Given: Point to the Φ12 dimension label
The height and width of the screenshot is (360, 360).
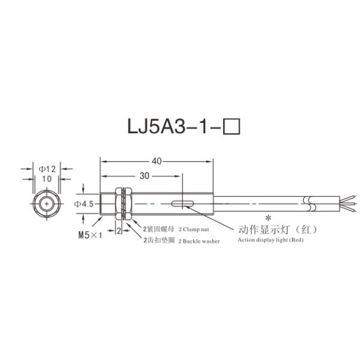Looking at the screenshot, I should pos(47,169).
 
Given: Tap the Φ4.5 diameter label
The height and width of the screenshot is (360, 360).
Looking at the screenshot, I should pos(83,204).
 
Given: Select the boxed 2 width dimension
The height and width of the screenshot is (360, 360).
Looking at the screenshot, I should pos(119,230).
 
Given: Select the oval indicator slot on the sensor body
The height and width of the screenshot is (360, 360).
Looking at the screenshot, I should pos(182,204).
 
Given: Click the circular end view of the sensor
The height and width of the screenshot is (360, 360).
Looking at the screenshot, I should pos(47,204).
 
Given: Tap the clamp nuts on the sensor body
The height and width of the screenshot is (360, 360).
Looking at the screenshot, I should pos(126,204).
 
